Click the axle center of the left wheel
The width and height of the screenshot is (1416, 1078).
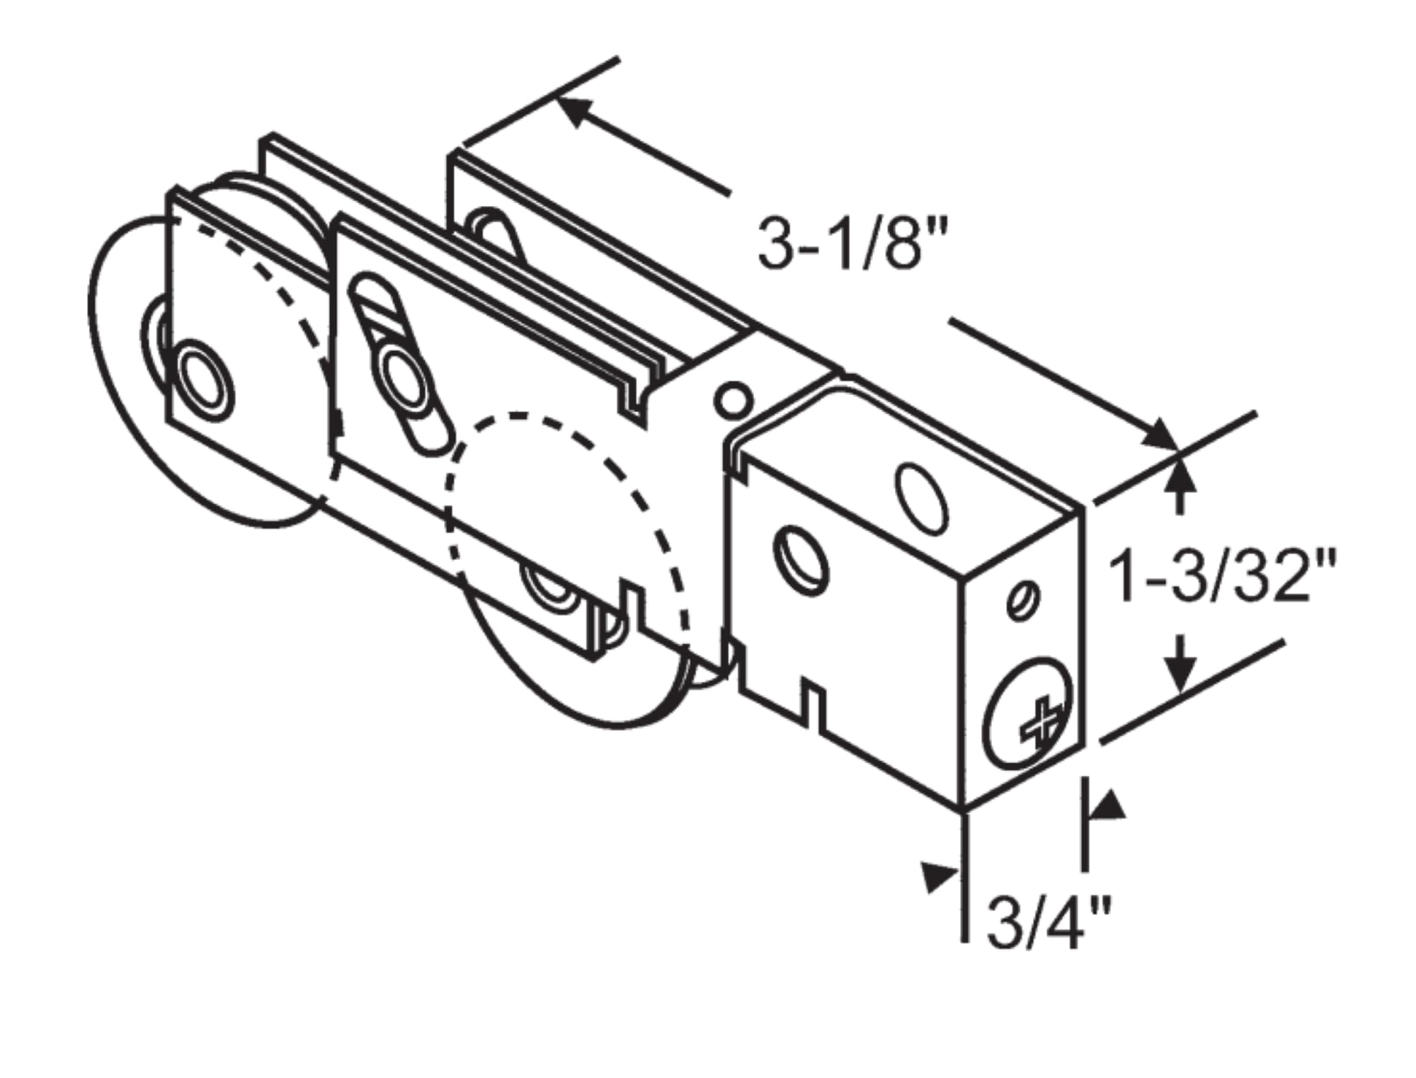[206, 381]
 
